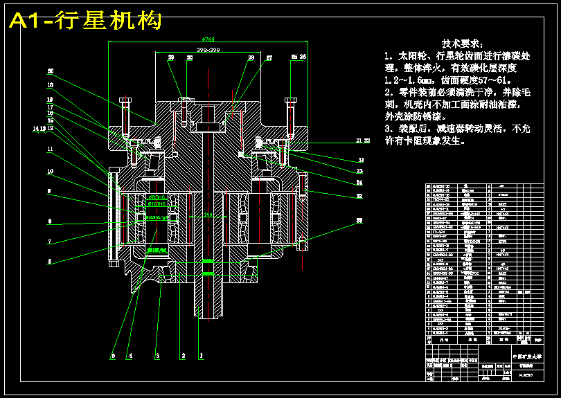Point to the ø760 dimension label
click(x=208, y=39)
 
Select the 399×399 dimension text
click(x=208, y=51)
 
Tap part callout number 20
click(x=50, y=71)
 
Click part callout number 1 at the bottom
click(x=202, y=356)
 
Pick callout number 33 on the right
click(x=359, y=221)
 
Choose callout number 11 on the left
click(x=50, y=149)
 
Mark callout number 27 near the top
click(x=269, y=57)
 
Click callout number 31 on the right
click(x=361, y=161)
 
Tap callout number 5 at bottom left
click(x=113, y=356)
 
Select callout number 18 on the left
click(x=50, y=85)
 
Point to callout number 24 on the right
click(x=359, y=183)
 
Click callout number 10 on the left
click(x=50, y=171)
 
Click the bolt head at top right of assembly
click(x=290, y=102)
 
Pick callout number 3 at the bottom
click(x=157, y=356)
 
